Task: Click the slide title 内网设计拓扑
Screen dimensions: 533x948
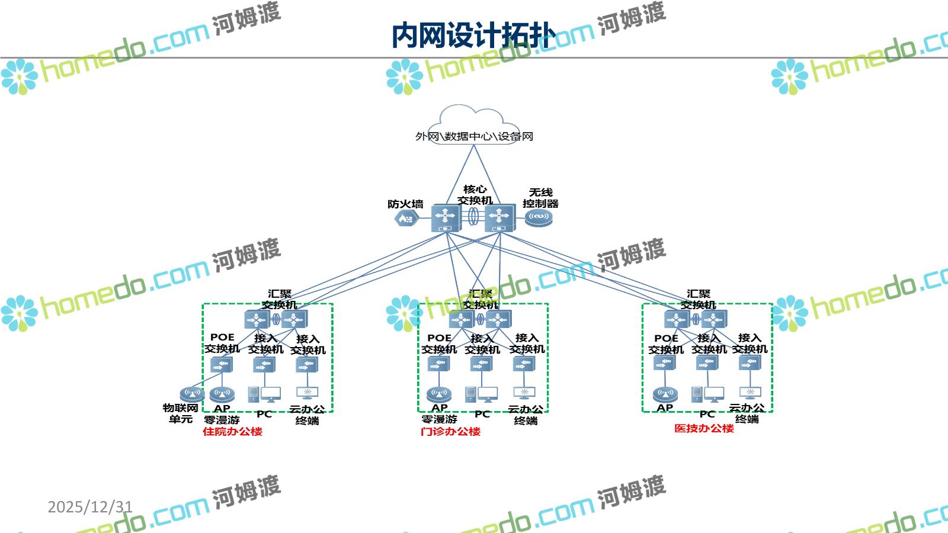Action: coord(473,36)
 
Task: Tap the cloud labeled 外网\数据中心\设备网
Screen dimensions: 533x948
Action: coord(474,127)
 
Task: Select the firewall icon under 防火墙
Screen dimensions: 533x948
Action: coord(406,219)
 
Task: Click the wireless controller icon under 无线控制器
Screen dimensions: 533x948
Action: coord(538,218)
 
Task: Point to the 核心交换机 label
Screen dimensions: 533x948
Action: coord(475,195)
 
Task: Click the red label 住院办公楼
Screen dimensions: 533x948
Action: coord(232,432)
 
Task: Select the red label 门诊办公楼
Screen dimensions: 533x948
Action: coord(450,432)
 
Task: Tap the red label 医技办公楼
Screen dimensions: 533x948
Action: coord(704,428)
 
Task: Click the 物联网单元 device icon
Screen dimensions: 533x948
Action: coord(191,394)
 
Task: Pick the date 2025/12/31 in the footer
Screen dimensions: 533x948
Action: coord(90,507)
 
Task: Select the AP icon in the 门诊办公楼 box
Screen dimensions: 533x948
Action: coord(438,394)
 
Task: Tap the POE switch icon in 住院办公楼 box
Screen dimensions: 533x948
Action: coord(222,365)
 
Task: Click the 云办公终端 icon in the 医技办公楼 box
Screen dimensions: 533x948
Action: coord(750,393)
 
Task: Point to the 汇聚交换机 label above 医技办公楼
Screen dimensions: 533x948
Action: coord(698,299)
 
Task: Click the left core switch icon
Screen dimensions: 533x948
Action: coord(446,218)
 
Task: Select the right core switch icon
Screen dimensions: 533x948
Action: coord(499,218)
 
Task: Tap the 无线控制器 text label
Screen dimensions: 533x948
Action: coord(540,198)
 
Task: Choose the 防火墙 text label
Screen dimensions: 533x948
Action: coord(405,204)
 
